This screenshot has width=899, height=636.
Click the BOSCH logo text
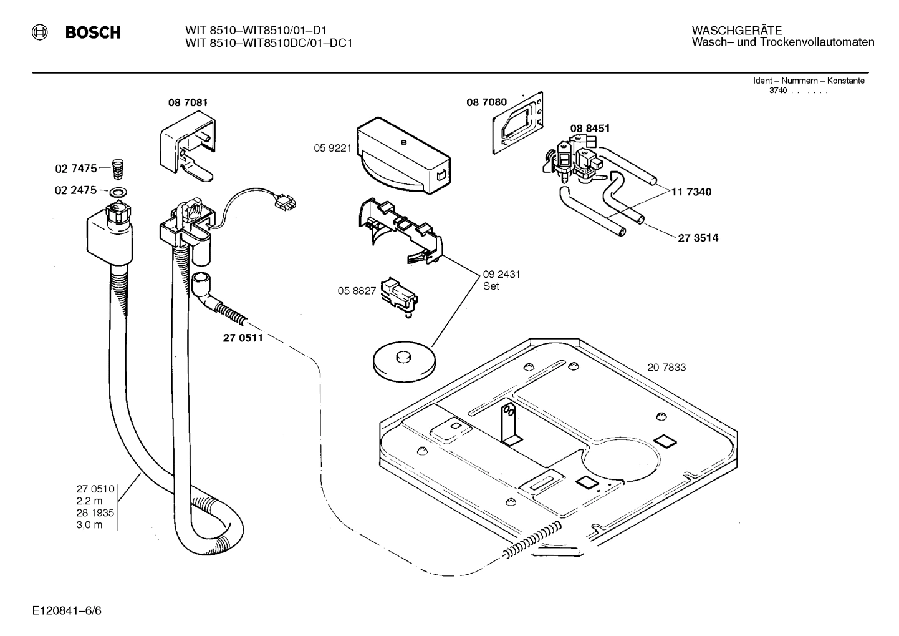(93, 33)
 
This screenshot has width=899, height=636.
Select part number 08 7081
(187, 102)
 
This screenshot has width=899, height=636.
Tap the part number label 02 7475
(75, 169)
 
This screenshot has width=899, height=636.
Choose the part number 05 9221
(332, 148)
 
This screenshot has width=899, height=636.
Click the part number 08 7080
(486, 102)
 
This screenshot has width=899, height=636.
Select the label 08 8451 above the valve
(590, 129)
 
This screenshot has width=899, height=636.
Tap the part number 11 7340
(691, 192)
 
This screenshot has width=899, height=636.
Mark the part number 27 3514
(698, 238)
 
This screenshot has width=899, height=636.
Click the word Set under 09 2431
(491, 286)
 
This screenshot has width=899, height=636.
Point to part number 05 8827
(357, 290)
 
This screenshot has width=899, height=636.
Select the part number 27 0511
(243, 338)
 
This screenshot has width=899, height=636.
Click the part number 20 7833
(666, 368)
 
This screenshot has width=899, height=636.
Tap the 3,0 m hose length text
(89, 525)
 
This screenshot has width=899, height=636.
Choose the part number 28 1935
(95, 513)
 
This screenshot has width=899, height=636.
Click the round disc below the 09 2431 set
(403, 361)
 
